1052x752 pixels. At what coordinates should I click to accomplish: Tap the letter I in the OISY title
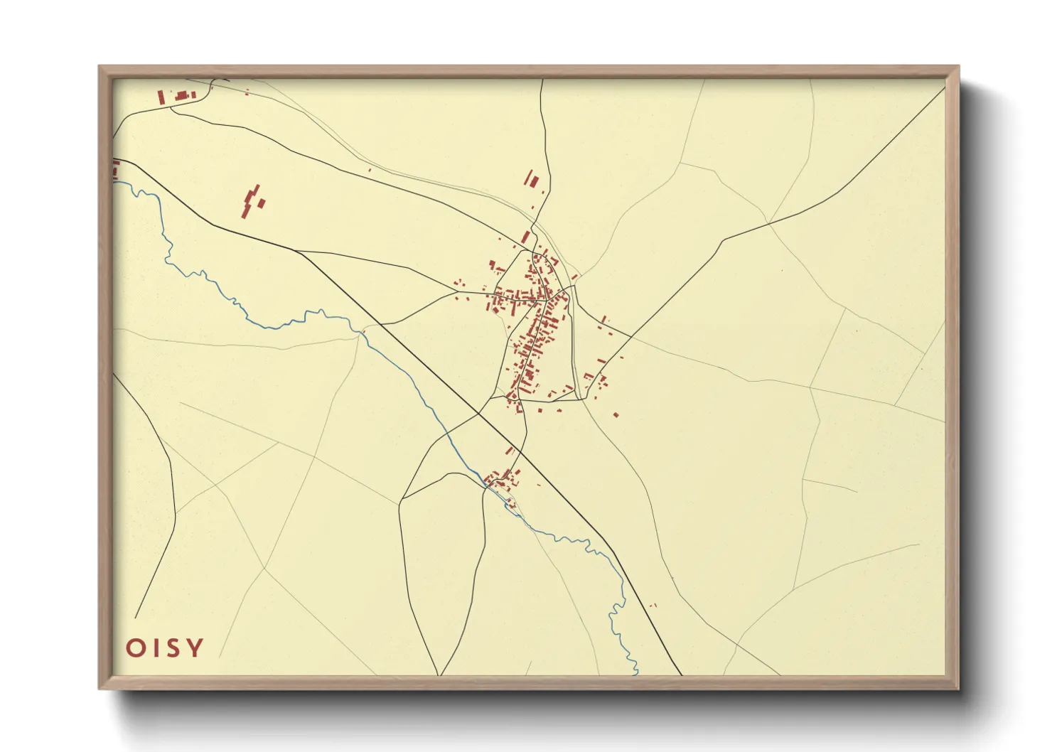point(155,648)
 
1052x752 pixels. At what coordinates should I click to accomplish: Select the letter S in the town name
point(173,648)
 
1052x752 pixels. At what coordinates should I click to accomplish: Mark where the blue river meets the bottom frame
point(636,672)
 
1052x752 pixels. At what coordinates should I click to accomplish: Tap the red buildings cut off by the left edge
point(115,169)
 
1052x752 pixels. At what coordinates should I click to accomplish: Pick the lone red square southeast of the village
point(616,414)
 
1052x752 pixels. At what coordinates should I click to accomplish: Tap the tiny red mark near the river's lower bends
point(654,605)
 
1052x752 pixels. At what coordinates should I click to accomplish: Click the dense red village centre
point(533,320)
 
